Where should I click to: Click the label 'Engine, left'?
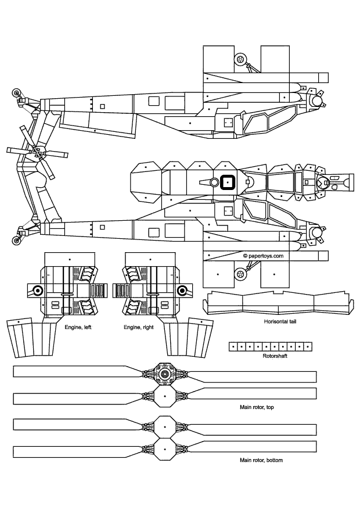(x=78, y=327)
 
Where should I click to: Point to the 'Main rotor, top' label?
(x=257, y=407)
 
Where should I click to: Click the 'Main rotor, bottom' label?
(x=261, y=460)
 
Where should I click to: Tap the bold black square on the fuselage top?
(x=227, y=182)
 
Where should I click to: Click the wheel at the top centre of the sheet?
(x=240, y=59)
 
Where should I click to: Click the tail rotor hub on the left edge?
(x=37, y=153)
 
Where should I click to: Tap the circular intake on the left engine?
(x=38, y=291)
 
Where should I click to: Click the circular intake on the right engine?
(x=182, y=291)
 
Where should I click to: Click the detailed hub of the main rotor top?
(x=165, y=374)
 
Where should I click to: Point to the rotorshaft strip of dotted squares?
(x=266, y=346)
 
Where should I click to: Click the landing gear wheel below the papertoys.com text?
(x=239, y=273)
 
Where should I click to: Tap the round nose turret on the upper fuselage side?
(x=316, y=101)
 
